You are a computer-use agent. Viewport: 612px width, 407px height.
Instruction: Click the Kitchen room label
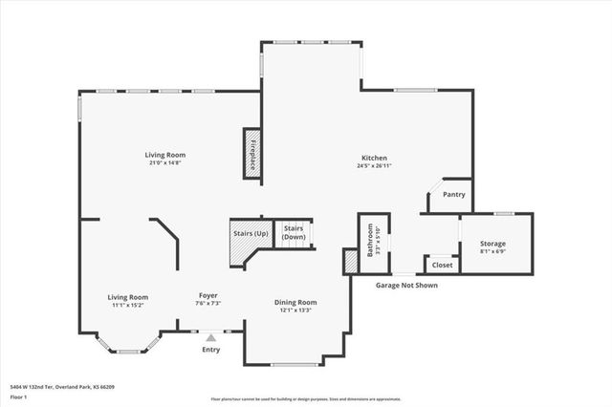(x=374, y=158)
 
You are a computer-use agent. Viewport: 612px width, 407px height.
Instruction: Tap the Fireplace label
(x=252, y=153)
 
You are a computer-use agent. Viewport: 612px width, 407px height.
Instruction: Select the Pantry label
(x=454, y=195)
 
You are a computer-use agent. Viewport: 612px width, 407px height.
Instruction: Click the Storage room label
(x=493, y=244)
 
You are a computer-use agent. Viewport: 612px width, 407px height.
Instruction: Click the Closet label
(x=442, y=265)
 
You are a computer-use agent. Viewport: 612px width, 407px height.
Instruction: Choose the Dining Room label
(x=296, y=302)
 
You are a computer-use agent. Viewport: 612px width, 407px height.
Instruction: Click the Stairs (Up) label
(x=251, y=232)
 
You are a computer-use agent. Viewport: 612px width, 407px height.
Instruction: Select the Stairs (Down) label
(x=294, y=232)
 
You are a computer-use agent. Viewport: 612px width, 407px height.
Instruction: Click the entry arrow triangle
(x=210, y=336)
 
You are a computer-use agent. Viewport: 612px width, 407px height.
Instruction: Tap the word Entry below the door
(x=210, y=350)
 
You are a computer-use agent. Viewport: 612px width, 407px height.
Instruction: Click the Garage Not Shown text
(x=406, y=285)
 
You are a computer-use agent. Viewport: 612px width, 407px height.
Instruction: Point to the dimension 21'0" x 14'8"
(x=165, y=163)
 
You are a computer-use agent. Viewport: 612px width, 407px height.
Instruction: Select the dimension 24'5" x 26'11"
(x=374, y=166)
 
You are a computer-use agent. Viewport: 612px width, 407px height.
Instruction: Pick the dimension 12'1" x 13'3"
(x=296, y=311)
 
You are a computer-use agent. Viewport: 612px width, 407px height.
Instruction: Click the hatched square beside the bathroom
(x=350, y=262)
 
